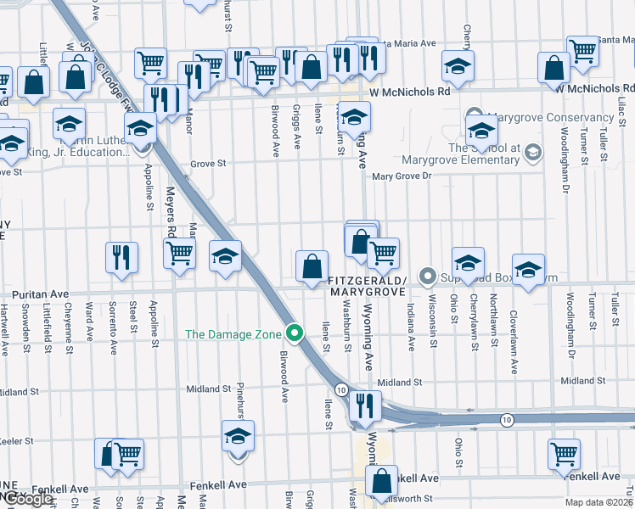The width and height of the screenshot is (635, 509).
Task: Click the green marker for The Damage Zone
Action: tap(295, 333)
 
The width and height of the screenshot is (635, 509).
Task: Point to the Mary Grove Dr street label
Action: tap(402, 176)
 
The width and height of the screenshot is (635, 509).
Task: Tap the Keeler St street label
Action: tap(17, 442)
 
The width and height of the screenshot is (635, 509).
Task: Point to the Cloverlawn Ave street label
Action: tap(514, 347)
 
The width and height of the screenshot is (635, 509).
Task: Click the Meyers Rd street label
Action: tap(171, 212)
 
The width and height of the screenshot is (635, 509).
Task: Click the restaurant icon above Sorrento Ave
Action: tap(121, 256)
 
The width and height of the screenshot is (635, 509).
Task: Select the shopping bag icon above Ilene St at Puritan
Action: tap(312, 265)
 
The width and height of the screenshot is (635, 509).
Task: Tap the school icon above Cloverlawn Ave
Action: tap(528, 269)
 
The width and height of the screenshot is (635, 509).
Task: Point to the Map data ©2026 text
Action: tap(598, 501)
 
